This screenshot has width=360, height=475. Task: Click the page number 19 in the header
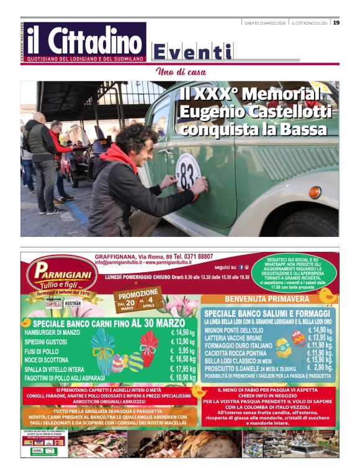pos(336,23)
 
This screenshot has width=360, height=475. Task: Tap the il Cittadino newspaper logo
pos(83,42)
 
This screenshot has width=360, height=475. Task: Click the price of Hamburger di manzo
pos(182,333)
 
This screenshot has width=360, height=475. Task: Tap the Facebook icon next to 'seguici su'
pos(241,267)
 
